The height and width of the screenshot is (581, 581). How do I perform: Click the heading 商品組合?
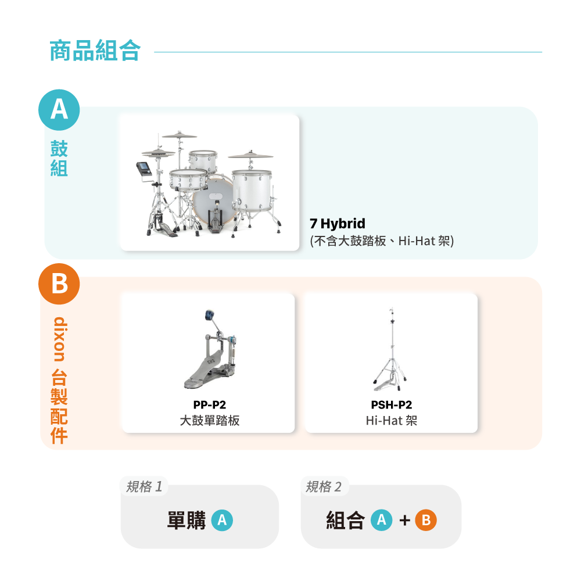click(x=95, y=51)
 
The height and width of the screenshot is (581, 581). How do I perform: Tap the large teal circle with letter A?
click(x=59, y=110)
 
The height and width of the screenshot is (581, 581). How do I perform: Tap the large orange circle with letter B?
click(x=59, y=284)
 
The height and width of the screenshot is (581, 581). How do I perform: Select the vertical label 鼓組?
click(x=59, y=158)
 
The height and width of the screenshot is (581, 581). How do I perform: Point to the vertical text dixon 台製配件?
click(x=59, y=380)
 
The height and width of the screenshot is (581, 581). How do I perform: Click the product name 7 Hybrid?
click(x=338, y=224)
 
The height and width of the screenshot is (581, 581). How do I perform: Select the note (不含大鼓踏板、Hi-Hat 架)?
click(x=382, y=241)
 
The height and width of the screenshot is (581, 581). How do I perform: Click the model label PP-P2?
click(x=209, y=404)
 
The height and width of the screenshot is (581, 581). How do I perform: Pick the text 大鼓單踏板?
click(x=209, y=421)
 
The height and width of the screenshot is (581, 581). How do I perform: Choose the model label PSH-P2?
click(x=391, y=404)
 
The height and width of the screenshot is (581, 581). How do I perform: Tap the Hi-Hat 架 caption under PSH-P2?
click(x=391, y=421)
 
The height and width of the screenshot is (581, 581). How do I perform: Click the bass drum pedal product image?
click(x=210, y=349)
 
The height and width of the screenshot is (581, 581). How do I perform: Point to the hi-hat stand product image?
click(x=390, y=349)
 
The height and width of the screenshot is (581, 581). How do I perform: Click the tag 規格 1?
click(x=144, y=486)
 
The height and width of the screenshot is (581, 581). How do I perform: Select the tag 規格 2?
click(x=324, y=486)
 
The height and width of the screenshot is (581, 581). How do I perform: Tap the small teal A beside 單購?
click(x=222, y=520)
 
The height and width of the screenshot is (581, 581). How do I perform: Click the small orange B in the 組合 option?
click(x=426, y=520)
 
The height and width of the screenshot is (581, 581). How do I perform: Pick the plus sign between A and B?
click(x=404, y=521)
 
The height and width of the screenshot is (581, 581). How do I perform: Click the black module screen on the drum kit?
click(x=144, y=169)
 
